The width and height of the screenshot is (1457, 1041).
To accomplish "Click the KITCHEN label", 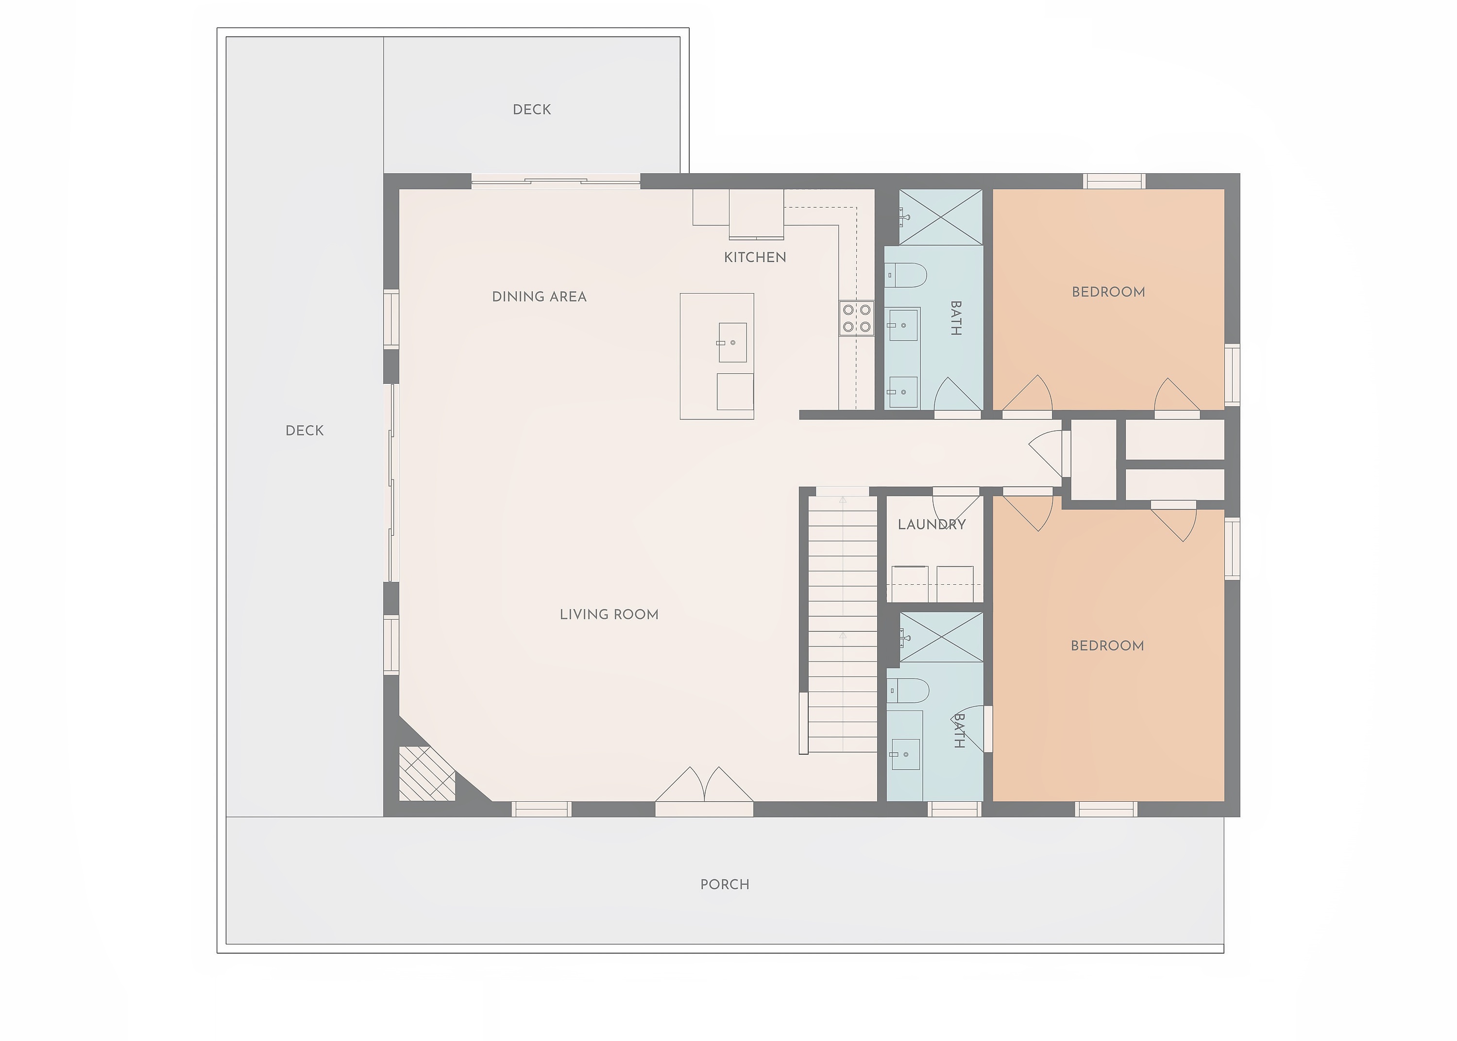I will tap(755, 257).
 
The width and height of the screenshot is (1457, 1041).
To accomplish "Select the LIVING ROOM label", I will tap(609, 614).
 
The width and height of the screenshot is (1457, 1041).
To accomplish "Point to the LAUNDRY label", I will tap(931, 524).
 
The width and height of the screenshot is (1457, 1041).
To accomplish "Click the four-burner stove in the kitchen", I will tap(857, 318).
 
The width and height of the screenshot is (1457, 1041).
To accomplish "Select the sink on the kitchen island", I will tap(732, 342).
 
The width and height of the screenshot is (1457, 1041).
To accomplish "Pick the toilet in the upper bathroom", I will tap(907, 276).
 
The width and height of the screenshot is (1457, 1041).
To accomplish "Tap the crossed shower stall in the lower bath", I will tap(941, 637).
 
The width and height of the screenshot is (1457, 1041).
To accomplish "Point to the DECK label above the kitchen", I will tap(532, 110).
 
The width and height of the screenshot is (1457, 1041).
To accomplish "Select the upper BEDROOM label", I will tap(1108, 292).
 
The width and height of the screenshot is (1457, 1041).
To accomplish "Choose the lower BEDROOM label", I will tap(1107, 645).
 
